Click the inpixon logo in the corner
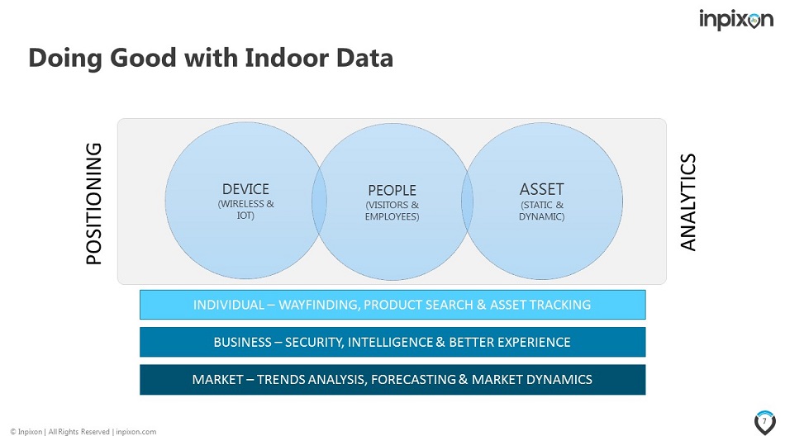click(x=736, y=20)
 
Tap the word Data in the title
click(x=364, y=58)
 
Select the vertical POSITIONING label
click(x=93, y=203)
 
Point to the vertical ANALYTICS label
click(x=687, y=202)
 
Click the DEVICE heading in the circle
click(x=245, y=189)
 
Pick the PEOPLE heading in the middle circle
click(x=392, y=190)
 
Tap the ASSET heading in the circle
click(x=542, y=189)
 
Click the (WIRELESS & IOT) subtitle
click(x=245, y=210)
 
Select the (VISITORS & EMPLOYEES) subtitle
click(x=392, y=211)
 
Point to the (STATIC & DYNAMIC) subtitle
click(x=542, y=211)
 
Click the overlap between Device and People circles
click(x=320, y=202)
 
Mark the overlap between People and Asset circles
click(x=467, y=202)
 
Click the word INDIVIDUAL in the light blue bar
click(x=228, y=305)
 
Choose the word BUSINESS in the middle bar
click(x=242, y=343)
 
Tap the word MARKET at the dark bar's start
click(x=218, y=379)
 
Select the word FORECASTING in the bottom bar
click(x=413, y=379)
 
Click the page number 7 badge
click(x=764, y=423)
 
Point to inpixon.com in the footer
click(x=136, y=431)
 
